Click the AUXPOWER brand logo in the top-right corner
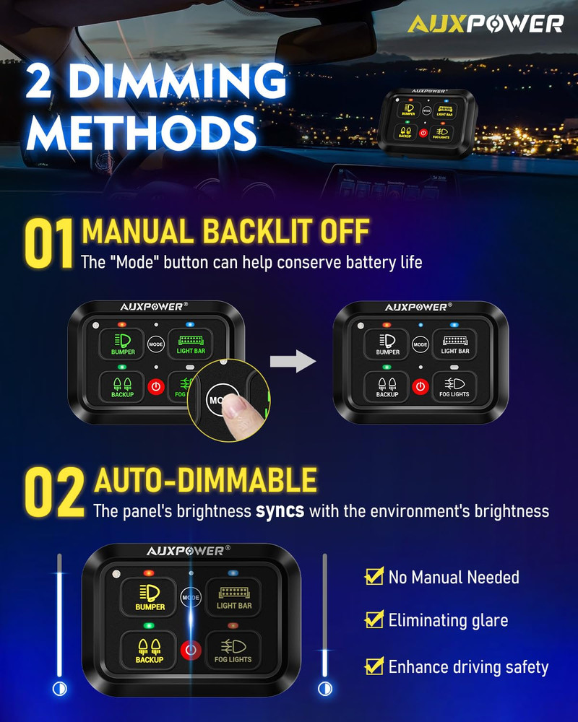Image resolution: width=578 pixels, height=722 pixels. [485, 23]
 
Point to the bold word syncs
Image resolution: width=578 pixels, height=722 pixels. [280, 511]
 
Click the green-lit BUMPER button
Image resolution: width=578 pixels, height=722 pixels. [123, 343]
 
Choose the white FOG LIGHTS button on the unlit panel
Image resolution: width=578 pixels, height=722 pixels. [454, 386]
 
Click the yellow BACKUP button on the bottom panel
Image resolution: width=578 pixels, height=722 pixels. [149, 648]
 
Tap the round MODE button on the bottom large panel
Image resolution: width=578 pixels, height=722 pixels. [191, 598]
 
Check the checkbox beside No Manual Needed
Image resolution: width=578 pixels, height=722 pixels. [374, 576]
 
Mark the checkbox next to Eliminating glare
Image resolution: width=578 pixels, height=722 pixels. [374, 619]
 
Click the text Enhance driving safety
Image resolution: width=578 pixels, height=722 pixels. [468, 667]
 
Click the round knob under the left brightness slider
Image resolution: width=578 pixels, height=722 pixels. [59, 689]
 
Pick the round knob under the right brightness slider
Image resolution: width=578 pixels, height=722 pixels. [324, 689]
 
